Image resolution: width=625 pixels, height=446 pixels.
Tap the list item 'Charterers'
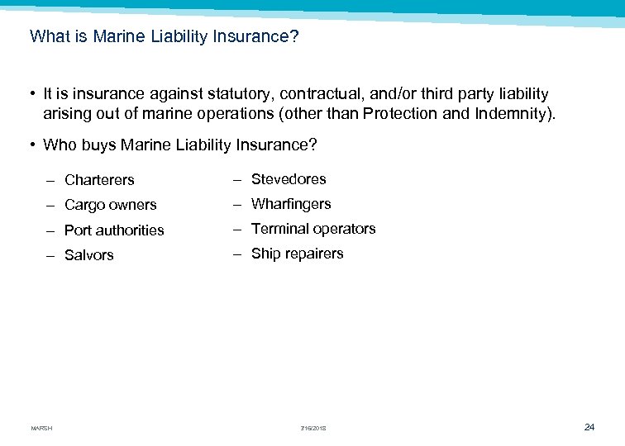99,180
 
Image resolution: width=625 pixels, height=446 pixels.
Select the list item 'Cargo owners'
110,205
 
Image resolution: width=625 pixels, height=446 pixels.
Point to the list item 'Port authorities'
114,230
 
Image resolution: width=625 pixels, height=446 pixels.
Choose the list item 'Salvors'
89,255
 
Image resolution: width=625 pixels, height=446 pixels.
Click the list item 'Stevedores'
289,179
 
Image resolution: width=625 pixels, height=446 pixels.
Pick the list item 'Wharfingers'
291,204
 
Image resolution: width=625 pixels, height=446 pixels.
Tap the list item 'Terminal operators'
313,229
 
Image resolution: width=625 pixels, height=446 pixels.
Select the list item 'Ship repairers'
297,254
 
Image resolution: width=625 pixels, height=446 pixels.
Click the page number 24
589,427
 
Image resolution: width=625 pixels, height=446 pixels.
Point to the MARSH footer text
41,428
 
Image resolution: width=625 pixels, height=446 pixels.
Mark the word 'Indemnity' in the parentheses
513,113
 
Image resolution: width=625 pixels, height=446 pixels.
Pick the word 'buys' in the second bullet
98,145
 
